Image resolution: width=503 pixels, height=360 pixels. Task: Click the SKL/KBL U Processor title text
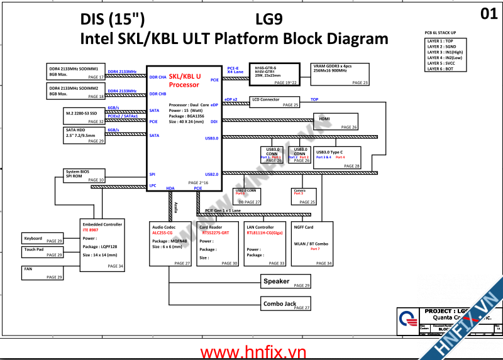[184, 80]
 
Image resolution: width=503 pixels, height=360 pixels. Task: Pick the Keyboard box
[43, 239]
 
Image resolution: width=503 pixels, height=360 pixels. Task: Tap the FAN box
[43, 272]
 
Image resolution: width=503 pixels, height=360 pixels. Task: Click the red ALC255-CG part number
[162, 232]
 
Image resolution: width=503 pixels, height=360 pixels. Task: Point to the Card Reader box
[218, 244]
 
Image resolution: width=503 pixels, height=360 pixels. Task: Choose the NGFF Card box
[312, 244]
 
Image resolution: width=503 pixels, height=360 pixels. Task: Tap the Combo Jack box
[285, 303]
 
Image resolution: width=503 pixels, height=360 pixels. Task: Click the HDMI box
[336, 122]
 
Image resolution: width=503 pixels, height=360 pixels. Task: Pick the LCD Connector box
[275, 102]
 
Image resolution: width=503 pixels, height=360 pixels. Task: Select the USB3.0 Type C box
[337, 157]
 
